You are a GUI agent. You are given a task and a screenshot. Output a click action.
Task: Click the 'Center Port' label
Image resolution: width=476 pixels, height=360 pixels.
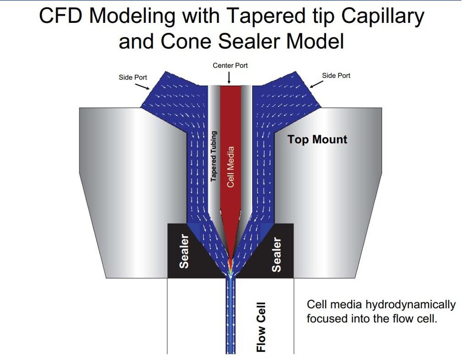pyautogui.click(x=230, y=65)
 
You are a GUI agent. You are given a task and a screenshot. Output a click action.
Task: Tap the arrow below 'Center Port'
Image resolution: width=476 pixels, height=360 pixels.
pyautogui.click(x=230, y=77)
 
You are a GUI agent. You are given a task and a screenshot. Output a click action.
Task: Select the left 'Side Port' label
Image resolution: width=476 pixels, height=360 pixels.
pyautogui.click(x=133, y=76)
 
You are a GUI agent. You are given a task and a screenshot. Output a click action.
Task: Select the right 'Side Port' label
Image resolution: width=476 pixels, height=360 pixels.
pyautogui.click(x=336, y=76)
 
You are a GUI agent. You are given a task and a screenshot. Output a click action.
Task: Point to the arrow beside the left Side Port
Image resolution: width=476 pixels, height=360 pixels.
pyautogui.click(x=143, y=86)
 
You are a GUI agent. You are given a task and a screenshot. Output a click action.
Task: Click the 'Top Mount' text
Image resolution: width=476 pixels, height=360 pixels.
pyautogui.click(x=317, y=139)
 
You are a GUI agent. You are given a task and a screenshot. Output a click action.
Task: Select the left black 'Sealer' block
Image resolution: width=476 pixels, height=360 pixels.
pyautogui.click(x=183, y=251)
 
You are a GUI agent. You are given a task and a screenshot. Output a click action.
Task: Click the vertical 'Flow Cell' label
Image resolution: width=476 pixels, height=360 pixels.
pyautogui.click(x=261, y=327)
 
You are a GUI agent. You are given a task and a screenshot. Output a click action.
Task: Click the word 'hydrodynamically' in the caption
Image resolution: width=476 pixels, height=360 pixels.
pyautogui.click(x=409, y=304)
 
